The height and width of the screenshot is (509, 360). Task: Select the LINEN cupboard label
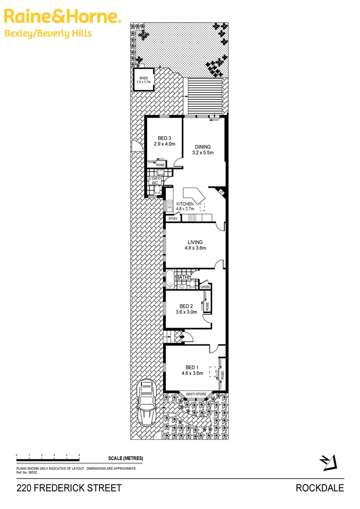point(205,287)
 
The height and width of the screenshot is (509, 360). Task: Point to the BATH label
point(182,278)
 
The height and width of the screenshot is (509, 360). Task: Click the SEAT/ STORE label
point(196,394)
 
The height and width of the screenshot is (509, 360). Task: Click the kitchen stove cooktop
point(192,218)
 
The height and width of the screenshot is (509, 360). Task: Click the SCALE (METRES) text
point(125,459)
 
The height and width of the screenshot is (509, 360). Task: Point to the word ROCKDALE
point(319,488)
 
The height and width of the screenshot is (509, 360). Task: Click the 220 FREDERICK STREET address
point(69,488)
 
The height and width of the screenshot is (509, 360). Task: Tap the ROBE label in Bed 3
point(161,165)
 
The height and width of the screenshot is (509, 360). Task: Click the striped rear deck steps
point(205,96)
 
